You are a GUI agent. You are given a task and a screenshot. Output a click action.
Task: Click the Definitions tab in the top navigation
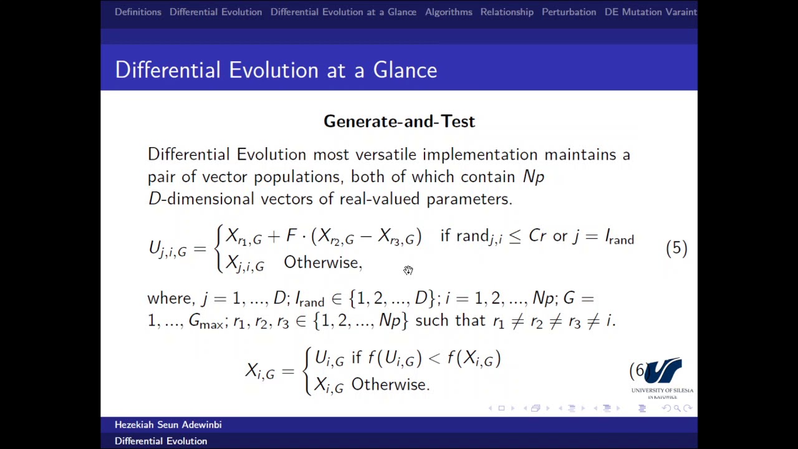coord(138,12)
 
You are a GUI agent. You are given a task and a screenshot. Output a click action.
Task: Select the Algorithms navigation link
coord(448,12)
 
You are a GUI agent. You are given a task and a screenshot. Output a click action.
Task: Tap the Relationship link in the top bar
coord(507,12)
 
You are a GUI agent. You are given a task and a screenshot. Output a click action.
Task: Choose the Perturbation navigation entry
coord(569,12)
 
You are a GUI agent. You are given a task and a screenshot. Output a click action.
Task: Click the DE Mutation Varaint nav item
coord(650,12)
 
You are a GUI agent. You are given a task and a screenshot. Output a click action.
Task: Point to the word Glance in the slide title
coord(405,70)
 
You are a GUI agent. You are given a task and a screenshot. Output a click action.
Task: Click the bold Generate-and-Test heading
coord(399,122)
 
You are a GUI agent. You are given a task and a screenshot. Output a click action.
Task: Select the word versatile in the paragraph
coord(386,155)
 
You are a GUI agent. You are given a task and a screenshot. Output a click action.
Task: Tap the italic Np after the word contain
coord(534,177)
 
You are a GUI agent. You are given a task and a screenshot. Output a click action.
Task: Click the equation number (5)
coord(676,248)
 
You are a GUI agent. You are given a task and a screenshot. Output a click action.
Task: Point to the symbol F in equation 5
coord(291,236)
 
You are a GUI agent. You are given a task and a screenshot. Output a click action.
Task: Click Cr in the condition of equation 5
coord(537,236)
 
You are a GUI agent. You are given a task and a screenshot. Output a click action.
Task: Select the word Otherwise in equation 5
coord(322,263)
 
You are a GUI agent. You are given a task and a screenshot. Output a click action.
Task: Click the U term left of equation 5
coord(166,249)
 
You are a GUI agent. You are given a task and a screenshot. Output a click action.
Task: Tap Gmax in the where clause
coord(206,322)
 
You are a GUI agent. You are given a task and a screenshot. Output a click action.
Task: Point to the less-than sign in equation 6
coord(435,358)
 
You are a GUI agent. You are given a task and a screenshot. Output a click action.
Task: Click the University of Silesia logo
coord(663,377)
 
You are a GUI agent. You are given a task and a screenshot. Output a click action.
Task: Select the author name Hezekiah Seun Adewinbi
coord(168,425)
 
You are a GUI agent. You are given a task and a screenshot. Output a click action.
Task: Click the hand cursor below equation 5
coord(408,270)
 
